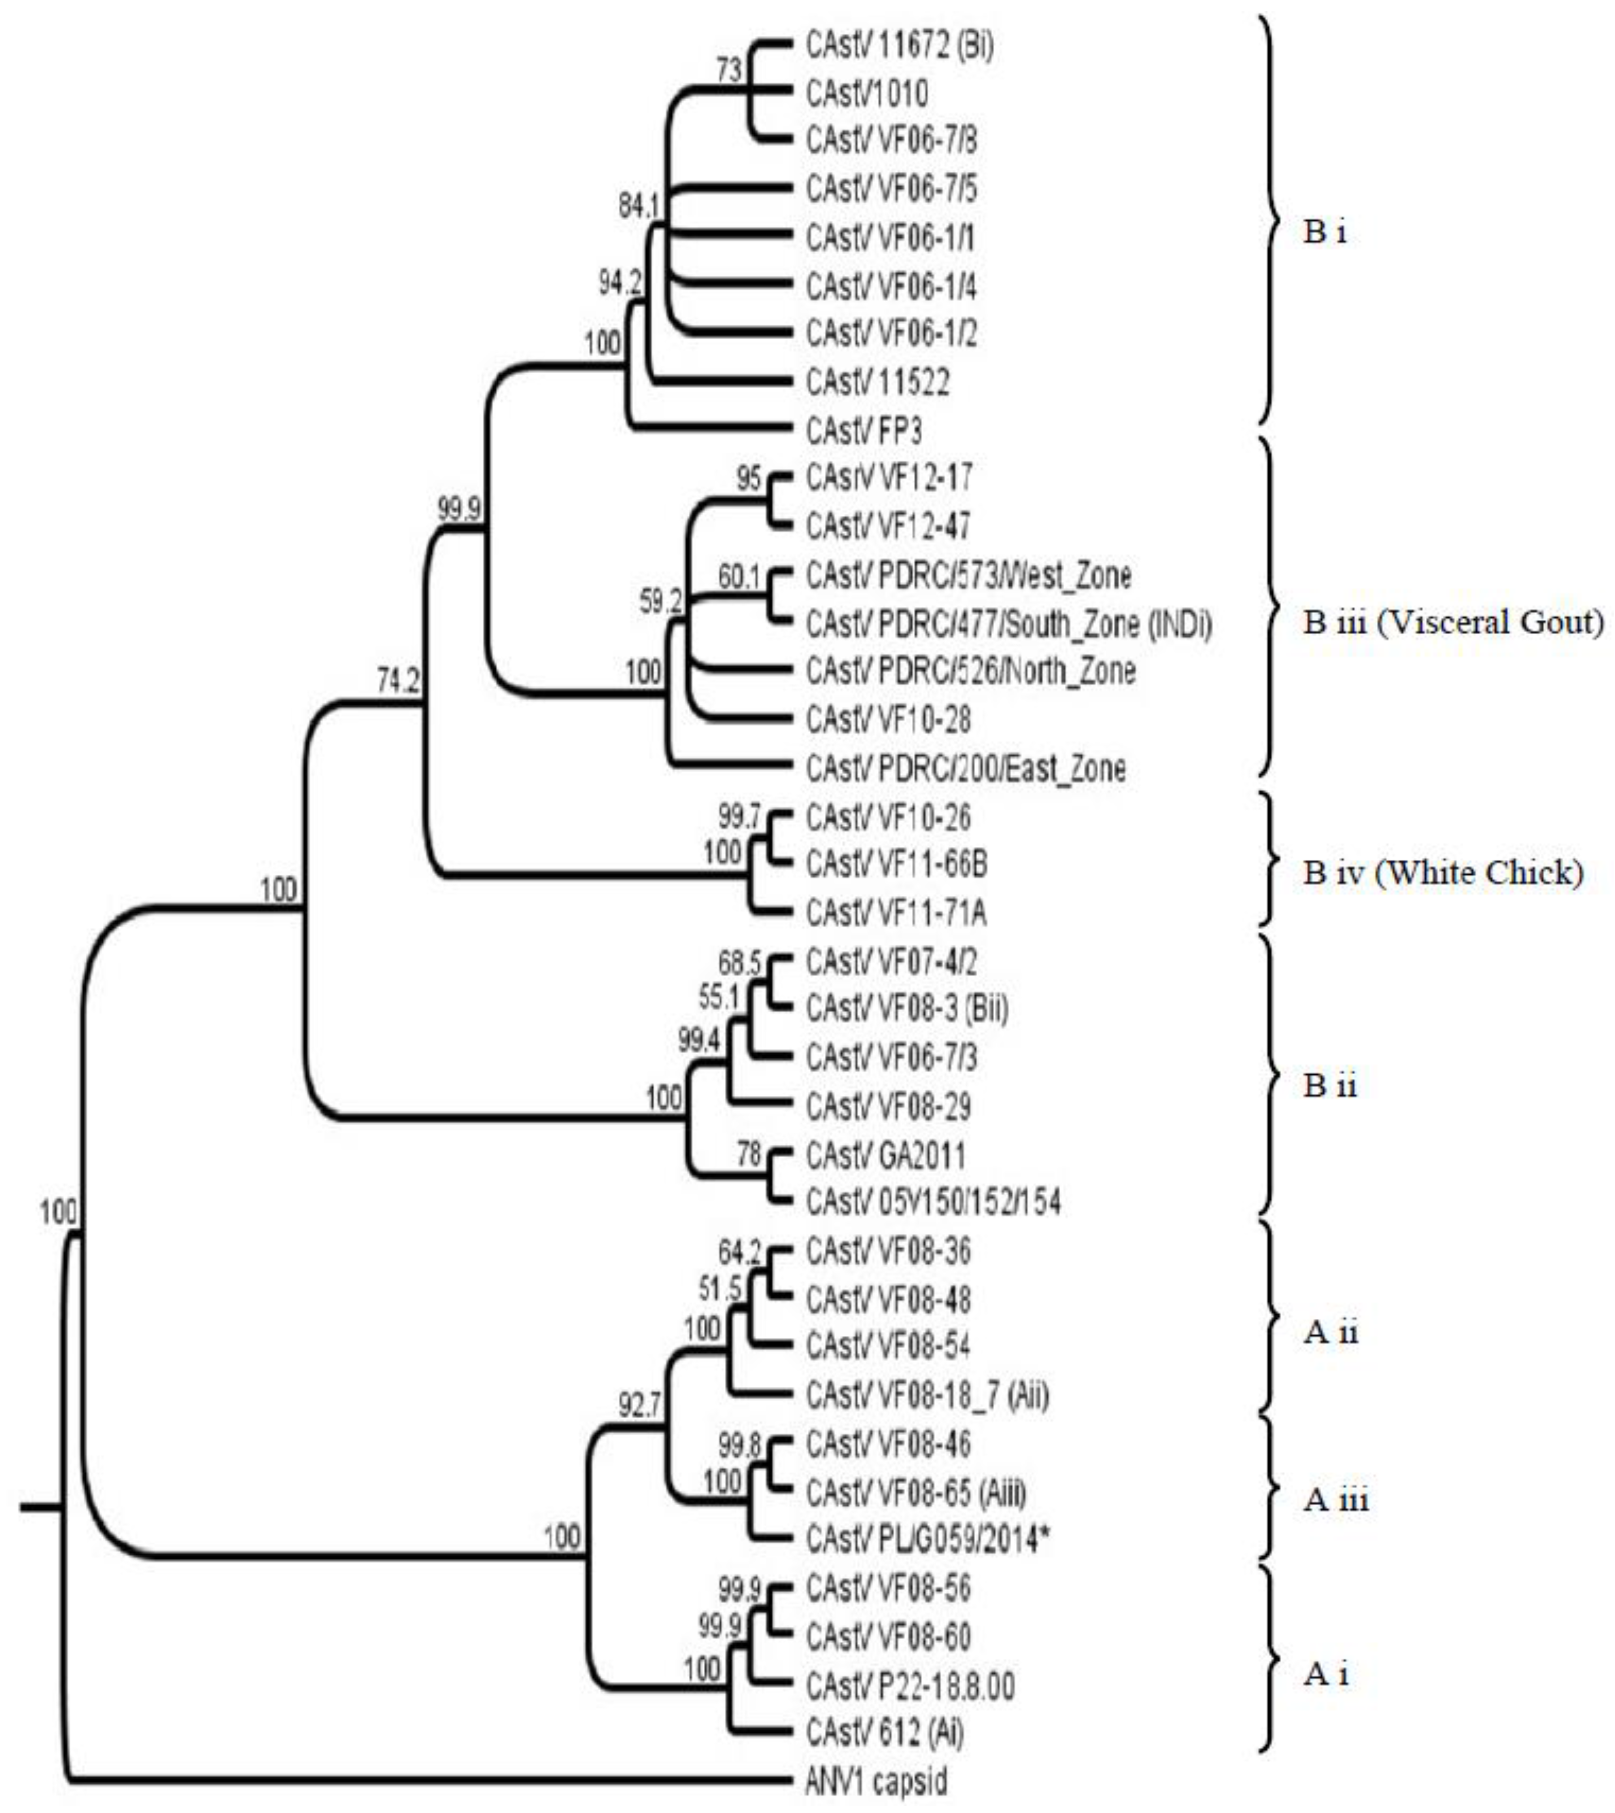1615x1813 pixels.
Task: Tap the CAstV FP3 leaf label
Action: pos(863,431)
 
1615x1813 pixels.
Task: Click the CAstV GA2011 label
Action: pos(885,1155)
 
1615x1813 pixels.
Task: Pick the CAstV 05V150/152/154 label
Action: pos(932,1203)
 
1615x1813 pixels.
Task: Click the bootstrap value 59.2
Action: pos(660,601)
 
